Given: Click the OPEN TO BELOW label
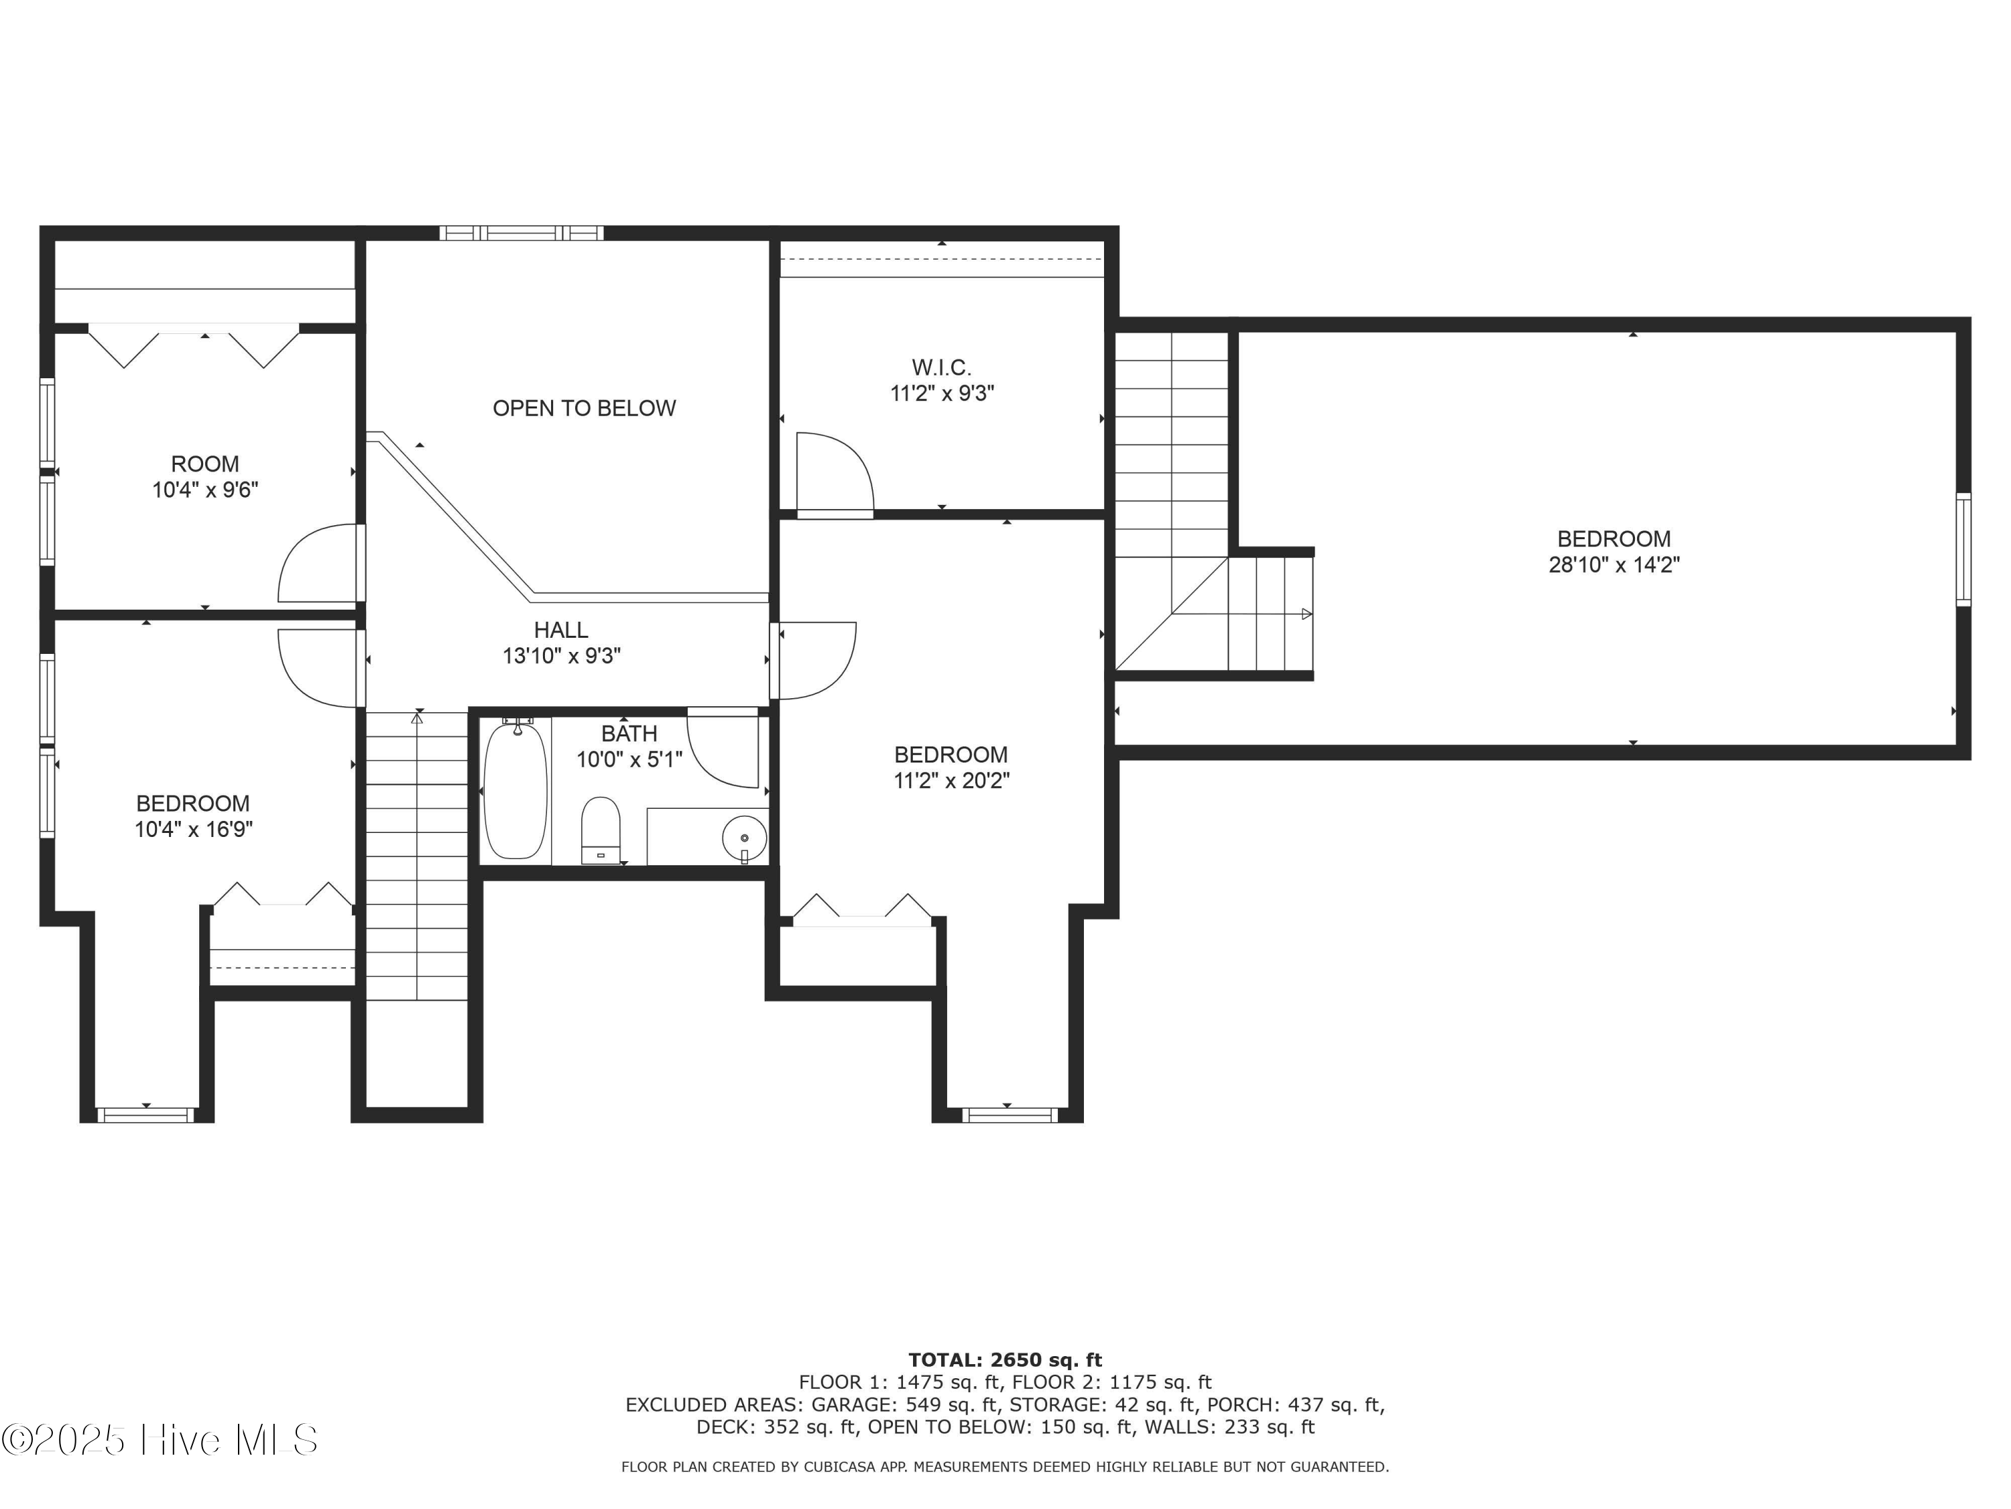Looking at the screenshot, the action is [584, 408].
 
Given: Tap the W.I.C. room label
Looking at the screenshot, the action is [942, 368].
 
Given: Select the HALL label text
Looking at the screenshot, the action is [561, 630].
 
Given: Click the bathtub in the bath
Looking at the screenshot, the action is [515, 788].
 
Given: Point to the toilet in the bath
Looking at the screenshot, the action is [600, 830].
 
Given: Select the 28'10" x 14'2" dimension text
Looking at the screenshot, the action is [1613, 565].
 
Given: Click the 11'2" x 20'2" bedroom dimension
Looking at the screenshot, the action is [951, 781].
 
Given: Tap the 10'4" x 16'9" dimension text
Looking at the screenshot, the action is [194, 830].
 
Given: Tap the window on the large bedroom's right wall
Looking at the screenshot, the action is [1963, 549].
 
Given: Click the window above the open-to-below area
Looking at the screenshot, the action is [521, 233].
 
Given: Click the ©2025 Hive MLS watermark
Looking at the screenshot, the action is [160, 1440].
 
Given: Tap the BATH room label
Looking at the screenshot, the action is [629, 733].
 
